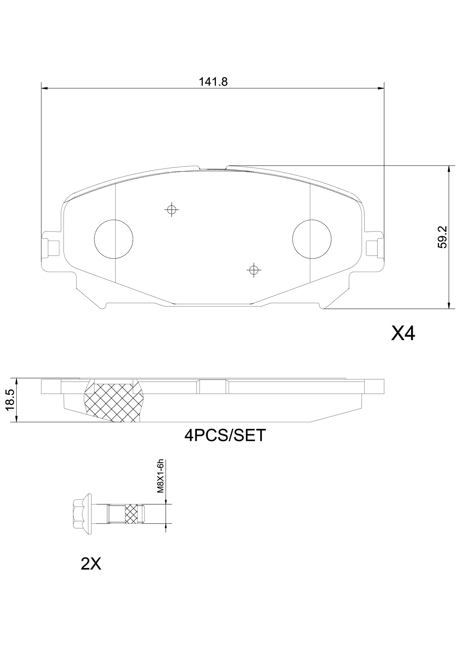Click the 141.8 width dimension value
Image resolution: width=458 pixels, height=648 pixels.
pos(213,82)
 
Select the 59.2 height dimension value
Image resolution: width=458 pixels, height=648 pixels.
pos(442,237)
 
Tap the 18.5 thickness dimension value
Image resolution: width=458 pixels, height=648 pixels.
pos(10,400)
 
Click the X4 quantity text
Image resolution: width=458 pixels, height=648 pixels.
pos(403,334)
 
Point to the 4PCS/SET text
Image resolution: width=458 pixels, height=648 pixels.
pos(225,435)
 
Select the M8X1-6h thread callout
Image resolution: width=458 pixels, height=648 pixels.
pos(161,476)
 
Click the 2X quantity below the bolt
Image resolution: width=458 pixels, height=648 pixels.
pos(91,563)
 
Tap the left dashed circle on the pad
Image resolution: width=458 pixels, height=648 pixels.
pos(114,239)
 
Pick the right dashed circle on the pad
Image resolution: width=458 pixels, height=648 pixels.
pos(312,239)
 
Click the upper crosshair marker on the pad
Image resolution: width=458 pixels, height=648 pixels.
pos(172,210)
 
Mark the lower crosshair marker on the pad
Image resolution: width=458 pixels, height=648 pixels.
pos(254,270)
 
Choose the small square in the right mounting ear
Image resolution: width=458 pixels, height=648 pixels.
pos(372,248)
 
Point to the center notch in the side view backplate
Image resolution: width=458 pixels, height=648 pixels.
pos(212,386)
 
